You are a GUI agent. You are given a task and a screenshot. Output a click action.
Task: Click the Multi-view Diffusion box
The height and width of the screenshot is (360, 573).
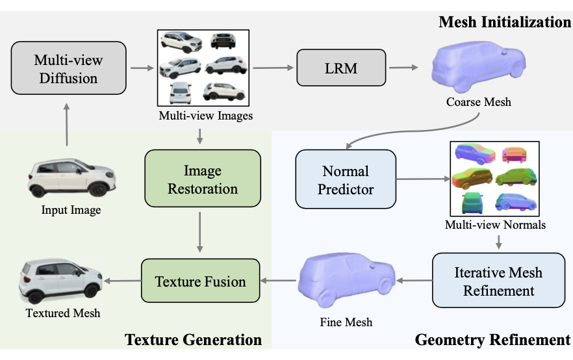69,68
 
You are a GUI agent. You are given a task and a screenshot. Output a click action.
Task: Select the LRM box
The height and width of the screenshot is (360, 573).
341,68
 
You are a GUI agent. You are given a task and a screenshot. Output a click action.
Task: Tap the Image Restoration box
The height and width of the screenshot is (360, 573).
203,178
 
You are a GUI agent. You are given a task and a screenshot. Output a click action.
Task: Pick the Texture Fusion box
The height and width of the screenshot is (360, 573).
200,281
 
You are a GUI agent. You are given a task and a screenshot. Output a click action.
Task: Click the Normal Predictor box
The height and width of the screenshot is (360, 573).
346,179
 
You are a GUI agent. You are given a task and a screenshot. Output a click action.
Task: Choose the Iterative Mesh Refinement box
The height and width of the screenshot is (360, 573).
498,280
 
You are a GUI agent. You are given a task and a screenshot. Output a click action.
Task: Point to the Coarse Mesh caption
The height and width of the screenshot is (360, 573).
478,102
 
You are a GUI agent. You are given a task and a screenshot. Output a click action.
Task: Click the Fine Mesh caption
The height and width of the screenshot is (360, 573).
346,322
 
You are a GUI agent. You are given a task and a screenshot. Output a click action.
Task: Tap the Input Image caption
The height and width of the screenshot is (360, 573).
71,210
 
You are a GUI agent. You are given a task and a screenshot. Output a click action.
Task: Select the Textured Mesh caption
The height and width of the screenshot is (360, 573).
63,313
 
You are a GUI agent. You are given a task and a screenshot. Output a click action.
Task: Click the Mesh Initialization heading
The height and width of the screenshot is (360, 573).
505,22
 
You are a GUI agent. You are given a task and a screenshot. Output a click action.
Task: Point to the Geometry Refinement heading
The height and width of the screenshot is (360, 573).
492,340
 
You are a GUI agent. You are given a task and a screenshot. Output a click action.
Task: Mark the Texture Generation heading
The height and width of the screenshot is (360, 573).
194,340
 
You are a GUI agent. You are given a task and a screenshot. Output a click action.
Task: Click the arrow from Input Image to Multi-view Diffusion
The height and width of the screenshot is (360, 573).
66,125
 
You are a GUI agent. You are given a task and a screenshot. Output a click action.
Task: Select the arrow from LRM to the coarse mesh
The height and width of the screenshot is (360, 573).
403,67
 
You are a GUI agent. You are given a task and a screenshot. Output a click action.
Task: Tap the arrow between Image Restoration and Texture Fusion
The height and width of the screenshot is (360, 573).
200,232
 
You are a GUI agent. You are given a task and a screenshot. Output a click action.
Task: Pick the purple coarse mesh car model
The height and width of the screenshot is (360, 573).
478,66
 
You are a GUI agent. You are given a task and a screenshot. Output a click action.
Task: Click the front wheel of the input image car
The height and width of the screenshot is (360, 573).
98,190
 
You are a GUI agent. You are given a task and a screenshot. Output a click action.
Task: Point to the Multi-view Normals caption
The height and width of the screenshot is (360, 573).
495,225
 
